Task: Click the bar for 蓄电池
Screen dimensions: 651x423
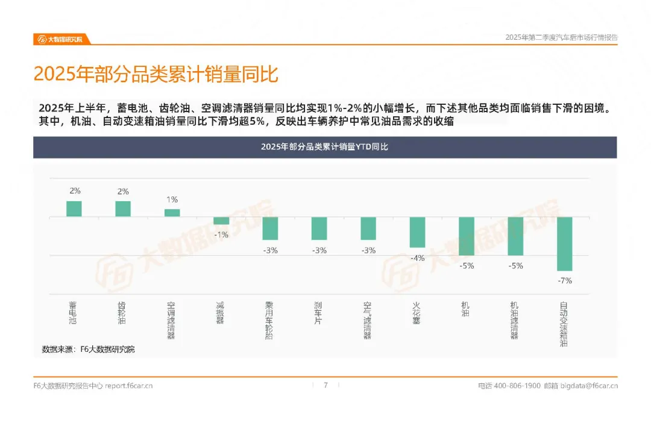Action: pos(74,209)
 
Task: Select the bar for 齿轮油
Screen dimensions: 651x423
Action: pos(123,209)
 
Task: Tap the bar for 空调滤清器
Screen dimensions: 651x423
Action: pos(172,213)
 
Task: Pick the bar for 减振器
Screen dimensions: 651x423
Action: pos(221,221)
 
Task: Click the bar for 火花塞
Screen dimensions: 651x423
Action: pos(417,232)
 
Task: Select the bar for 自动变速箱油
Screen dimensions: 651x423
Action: pos(565,244)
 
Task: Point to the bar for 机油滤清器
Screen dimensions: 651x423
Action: pos(515,236)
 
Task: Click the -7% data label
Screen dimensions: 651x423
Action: pos(565,281)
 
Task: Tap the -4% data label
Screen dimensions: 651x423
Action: pos(417,258)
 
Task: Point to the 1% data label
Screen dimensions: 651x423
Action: pos(172,199)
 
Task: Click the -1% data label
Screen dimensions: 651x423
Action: pos(221,235)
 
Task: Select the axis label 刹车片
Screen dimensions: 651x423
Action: pos(318,313)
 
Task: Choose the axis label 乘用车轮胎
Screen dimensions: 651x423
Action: pos(269,321)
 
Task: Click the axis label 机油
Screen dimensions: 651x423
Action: pos(465,309)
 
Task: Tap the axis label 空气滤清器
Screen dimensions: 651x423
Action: pos(368,321)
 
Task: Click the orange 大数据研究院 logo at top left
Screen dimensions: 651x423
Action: pos(60,39)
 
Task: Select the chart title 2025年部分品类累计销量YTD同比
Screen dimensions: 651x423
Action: pos(325,147)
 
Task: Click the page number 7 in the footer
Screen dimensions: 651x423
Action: pos(326,385)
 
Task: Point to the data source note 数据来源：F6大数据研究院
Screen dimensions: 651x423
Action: pos(89,349)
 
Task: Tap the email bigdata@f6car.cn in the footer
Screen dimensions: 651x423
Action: pos(589,386)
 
